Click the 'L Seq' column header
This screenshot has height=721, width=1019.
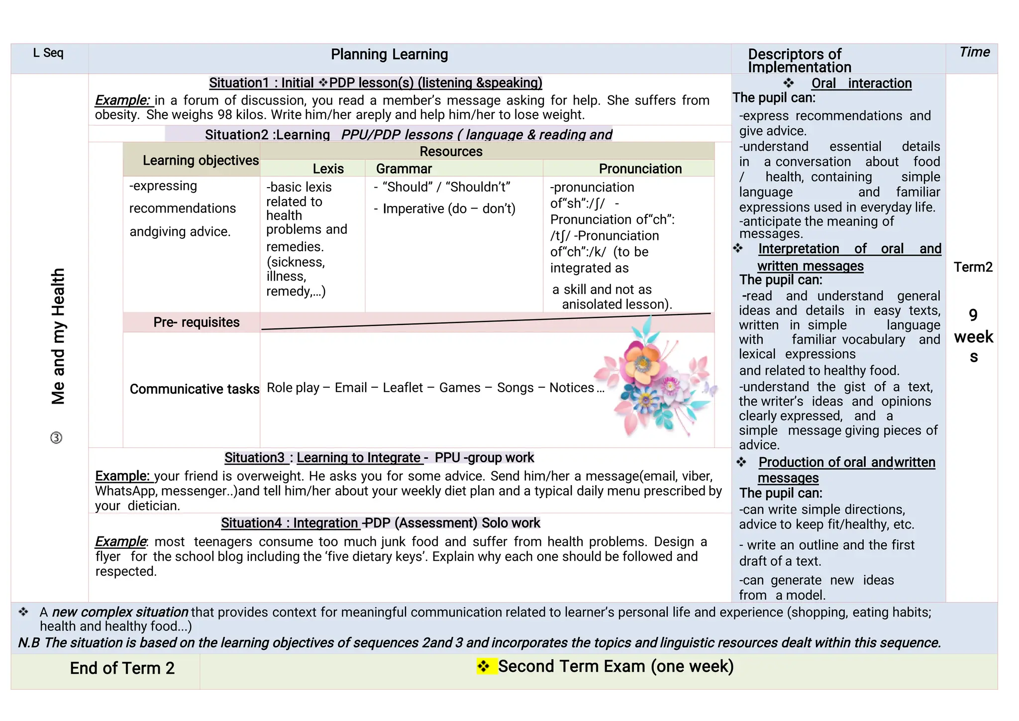(x=48, y=53)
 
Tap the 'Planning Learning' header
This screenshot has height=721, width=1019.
(x=389, y=54)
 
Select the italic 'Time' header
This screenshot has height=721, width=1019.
(x=974, y=52)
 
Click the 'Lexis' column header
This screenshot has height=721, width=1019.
(x=328, y=169)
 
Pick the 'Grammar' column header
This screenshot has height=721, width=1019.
(x=404, y=169)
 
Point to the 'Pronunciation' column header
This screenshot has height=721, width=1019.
(x=640, y=169)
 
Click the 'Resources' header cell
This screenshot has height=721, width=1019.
(x=451, y=151)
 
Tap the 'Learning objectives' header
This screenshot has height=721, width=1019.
(x=201, y=160)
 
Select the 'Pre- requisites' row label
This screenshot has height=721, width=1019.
(x=196, y=322)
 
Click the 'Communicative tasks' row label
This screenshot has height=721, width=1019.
(x=195, y=389)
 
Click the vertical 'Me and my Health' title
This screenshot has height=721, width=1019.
(x=58, y=336)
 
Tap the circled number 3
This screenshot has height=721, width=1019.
(x=56, y=438)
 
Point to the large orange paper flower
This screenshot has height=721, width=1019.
(x=643, y=362)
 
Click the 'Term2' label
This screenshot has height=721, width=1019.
(x=973, y=267)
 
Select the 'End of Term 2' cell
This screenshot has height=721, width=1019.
(x=122, y=668)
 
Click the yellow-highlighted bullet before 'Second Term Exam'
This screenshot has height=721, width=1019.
(x=484, y=666)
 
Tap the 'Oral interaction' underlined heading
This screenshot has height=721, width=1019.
(x=861, y=84)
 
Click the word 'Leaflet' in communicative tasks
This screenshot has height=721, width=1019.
(x=403, y=388)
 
